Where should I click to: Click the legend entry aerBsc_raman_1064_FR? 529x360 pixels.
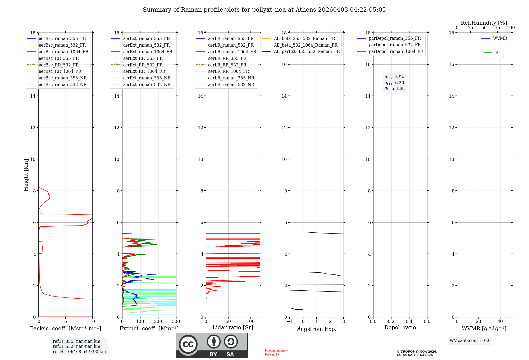[x=63, y=52]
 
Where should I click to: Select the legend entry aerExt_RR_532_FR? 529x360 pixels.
[x=143, y=65]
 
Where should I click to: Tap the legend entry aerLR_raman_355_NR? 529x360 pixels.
[x=231, y=78]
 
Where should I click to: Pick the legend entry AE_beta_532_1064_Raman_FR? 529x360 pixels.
[x=305, y=45]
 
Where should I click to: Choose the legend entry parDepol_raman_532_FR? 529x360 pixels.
[x=395, y=45]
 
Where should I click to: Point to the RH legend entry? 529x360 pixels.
[x=498, y=53]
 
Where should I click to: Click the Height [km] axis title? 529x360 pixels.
[x=26, y=175]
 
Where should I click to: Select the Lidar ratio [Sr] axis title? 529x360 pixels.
[x=232, y=328]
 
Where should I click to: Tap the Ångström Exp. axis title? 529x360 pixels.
[x=317, y=329]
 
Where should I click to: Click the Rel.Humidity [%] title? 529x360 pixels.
[x=484, y=23]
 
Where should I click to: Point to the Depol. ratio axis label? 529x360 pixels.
[x=400, y=328]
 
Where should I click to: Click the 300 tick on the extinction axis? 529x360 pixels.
[x=176, y=322]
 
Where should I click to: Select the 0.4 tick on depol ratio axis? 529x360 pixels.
[x=409, y=322]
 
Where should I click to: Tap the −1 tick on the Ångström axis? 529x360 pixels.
[x=290, y=322]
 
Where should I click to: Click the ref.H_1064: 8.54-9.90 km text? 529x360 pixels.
[x=79, y=352]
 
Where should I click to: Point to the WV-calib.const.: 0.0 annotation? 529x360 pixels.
[x=470, y=341]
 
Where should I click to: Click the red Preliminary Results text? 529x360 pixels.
[x=276, y=352]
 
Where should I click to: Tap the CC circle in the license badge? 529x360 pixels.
[x=188, y=344]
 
